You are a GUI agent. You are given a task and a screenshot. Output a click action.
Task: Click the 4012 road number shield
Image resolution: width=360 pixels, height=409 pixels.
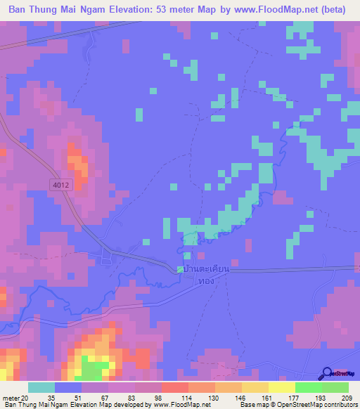60,184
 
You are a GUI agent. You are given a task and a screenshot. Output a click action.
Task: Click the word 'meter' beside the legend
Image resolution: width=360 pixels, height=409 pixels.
10,398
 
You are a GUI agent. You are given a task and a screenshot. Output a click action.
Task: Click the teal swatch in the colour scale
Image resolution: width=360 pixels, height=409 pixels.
41,387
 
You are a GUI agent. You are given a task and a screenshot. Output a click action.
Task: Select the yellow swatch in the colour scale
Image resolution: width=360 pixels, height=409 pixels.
281,387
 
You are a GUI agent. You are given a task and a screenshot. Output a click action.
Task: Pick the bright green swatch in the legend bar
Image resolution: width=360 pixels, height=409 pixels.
308,387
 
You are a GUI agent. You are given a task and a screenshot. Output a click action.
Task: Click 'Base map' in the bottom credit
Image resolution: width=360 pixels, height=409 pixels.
253,405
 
